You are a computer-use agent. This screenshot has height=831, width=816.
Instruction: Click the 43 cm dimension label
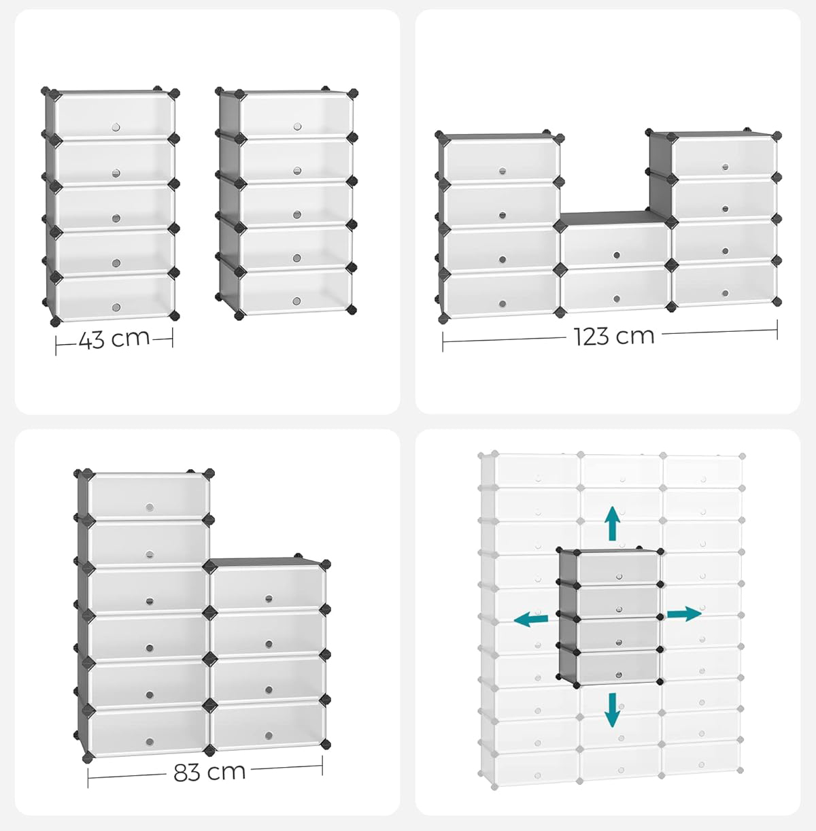(114, 338)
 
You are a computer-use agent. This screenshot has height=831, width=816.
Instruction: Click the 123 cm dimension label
(613, 335)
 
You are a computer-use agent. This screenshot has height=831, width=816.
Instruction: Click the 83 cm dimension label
(209, 772)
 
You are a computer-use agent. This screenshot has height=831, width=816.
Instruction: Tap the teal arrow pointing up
(613, 522)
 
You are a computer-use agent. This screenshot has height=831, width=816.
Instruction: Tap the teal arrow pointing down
(613, 709)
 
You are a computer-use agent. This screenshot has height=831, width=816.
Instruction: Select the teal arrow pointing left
(531, 619)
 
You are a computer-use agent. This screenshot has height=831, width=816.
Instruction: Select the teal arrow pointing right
(683, 614)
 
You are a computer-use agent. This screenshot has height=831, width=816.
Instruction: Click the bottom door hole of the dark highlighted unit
(618, 674)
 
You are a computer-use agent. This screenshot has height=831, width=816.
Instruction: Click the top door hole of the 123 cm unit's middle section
(616, 255)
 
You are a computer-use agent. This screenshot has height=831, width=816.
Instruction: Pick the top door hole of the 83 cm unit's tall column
(149, 507)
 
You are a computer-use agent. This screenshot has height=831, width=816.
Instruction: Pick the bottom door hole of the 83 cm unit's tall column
(150, 740)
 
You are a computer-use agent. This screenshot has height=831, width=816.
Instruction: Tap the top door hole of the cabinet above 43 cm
(115, 127)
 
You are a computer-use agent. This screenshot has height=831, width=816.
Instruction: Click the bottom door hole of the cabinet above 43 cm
(116, 307)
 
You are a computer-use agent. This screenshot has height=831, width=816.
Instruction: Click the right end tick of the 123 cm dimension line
(777, 332)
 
